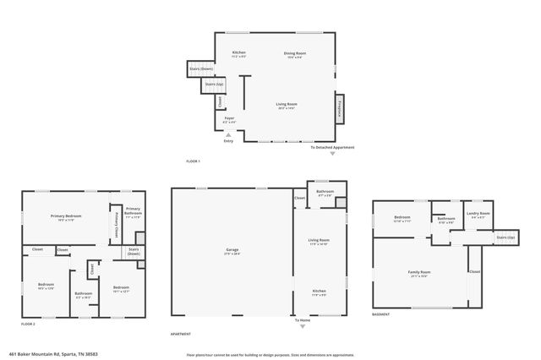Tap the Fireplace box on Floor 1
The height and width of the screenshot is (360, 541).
coord(340,107)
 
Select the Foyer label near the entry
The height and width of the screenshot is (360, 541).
coord(228,119)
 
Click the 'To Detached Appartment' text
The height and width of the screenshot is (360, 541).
coord(332,147)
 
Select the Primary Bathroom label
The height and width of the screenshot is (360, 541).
coord(134,211)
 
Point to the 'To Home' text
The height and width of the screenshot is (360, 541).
coord(302,320)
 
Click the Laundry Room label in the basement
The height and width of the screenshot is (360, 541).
coord(478,215)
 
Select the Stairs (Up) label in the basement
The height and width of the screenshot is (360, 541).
coord(505,237)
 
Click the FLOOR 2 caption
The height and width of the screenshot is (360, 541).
coord(29,324)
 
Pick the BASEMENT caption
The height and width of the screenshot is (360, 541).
coord(381,314)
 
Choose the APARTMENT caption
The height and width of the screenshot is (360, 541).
coord(181,334)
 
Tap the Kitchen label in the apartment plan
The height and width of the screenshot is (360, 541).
coord(318,293)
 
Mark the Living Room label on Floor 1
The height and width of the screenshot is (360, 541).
coord(287,105)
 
